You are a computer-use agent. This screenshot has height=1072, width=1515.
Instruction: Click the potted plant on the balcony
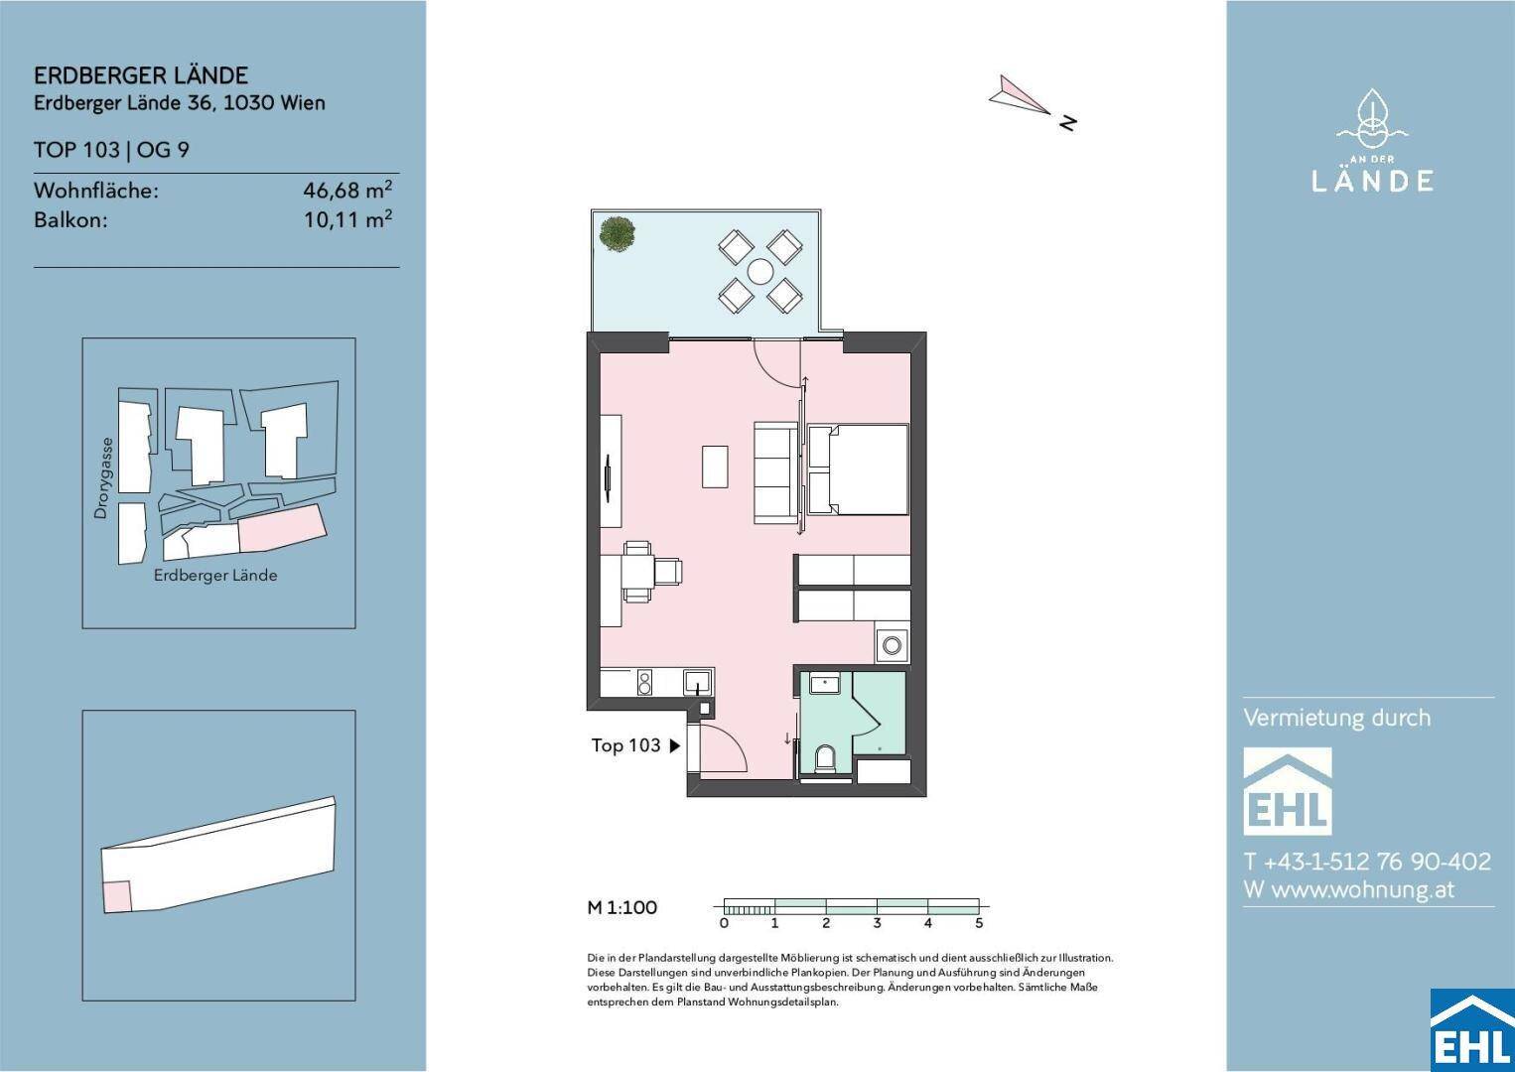click(617, 234)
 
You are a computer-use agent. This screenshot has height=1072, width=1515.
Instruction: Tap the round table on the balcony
click(760, 272)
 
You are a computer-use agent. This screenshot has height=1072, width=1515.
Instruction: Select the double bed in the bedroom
click(859, 469)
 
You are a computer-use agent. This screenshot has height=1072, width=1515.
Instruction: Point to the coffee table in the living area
click(715, 466)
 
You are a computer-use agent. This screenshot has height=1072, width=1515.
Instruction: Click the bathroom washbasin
click(825, 683)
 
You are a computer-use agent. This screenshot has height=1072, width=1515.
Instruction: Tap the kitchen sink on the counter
click(697, 683)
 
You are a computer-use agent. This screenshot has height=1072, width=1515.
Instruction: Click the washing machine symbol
click(893, 644)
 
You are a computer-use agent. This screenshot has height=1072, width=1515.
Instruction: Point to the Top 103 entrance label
click(625, 745)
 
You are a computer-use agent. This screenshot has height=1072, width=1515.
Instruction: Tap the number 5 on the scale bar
click(979, 923)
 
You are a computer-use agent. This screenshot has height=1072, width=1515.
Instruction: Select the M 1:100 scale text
click(622, 907)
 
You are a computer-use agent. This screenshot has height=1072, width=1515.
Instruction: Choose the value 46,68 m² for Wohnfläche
click(347, 190)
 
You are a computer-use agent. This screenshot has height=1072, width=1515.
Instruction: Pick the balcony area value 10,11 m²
click(347, 219)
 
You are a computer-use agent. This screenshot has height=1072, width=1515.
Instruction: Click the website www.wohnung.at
click(1363, 889)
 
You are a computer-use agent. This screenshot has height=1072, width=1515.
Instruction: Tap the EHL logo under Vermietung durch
click(1287, 791)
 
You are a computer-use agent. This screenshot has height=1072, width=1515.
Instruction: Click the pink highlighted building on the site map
click(283, 528)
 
